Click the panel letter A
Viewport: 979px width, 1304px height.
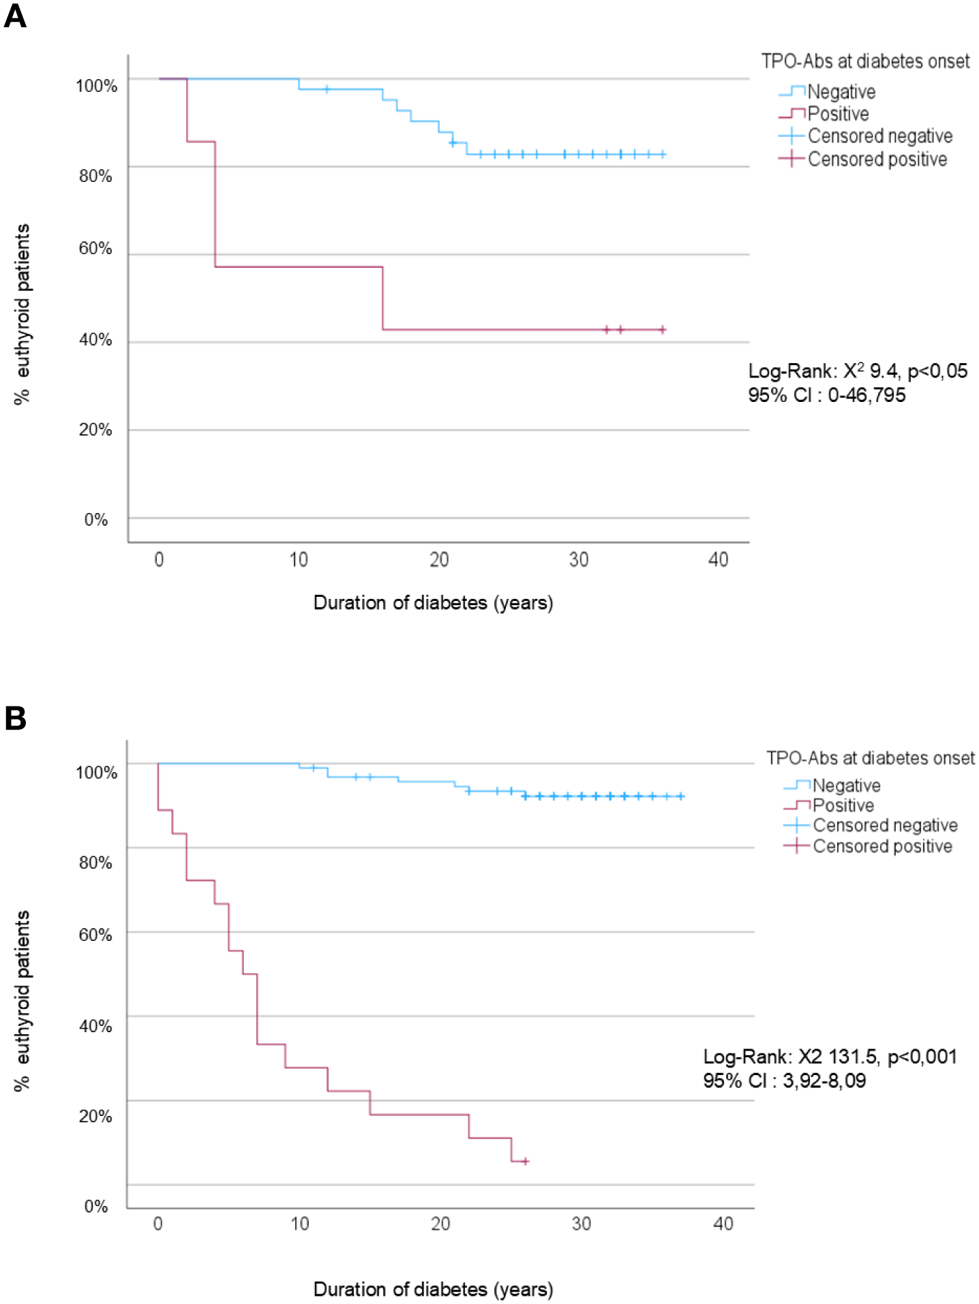(15, 15)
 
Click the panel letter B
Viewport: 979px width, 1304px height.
(15, 718)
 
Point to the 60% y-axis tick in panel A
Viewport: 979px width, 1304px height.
(95, 249)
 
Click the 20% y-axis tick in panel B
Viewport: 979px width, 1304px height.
(95, 1116)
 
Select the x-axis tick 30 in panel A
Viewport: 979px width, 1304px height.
(578, 560)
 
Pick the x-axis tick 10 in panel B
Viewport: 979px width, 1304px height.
(300, 1224)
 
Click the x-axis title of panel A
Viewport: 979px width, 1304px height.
(433, 603)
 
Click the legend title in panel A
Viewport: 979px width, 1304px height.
(864, 61)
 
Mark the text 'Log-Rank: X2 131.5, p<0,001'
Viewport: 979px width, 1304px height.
(830, 1057)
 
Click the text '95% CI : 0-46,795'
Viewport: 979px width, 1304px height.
(826, 395)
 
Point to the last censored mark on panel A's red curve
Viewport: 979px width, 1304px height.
(663, 330)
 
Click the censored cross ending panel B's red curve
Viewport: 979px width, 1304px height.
(525, 1161)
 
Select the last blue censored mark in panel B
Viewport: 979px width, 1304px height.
(680, 796)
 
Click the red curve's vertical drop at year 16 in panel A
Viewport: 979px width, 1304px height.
(383, 298)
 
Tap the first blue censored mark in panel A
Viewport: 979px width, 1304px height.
(327, 89)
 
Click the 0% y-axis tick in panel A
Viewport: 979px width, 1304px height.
(95, 520)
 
